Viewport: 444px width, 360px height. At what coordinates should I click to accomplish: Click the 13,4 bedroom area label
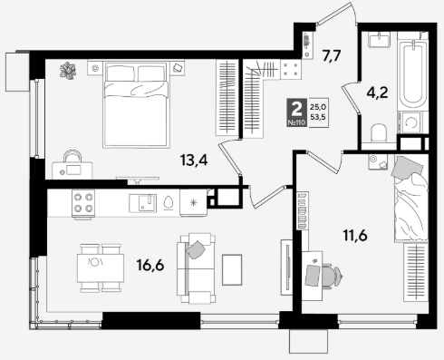(x=194, y=161)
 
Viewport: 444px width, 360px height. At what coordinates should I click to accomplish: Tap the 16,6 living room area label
(x=150, y=266)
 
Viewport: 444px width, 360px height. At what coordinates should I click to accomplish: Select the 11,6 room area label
(x=355, y=235)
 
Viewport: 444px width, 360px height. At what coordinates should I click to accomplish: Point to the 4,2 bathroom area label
(x=377, y=92)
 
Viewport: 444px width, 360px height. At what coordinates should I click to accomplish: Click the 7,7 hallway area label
(x=332, y=56)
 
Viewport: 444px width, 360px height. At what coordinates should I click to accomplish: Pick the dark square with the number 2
(x=296, y=112)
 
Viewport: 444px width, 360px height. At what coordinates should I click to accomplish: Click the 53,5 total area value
(x=318, y=117)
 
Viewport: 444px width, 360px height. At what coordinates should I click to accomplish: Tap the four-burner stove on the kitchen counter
(x=83, y=203)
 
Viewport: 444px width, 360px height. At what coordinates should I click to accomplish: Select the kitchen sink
(x=142, y=203)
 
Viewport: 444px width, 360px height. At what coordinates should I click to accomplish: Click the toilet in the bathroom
(x=379, y=133)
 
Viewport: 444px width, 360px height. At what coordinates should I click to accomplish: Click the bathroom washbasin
(x=379, y=40)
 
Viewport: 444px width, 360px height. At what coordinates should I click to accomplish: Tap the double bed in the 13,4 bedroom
(x=135, y=104)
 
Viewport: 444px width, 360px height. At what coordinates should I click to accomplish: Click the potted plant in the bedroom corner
(x=68, y=71)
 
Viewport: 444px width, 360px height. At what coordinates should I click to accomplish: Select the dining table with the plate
(x=101, y=268)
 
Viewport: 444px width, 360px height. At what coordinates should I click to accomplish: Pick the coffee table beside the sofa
(x=232, y=270)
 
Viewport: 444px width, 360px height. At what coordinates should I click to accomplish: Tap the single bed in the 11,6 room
(x=411, y=199)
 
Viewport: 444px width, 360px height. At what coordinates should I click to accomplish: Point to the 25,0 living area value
(x=318, y=107)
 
